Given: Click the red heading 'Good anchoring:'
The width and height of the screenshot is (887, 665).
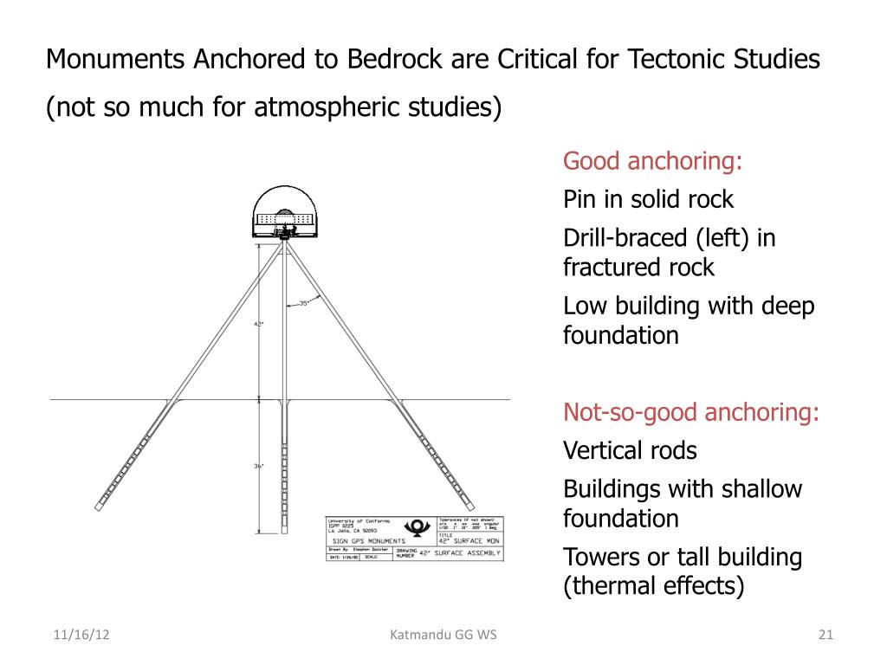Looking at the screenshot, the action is (x=654, y=162).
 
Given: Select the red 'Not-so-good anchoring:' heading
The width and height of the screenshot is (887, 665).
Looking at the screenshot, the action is (x=691, y=412).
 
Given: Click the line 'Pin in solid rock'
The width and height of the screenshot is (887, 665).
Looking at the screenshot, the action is (x=648, y=200).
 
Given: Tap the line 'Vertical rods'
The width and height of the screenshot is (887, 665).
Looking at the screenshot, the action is (x=630, y=451).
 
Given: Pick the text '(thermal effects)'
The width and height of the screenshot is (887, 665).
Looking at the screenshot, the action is (x=654, y=586).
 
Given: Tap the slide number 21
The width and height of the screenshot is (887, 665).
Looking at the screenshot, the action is (x=825, y=636).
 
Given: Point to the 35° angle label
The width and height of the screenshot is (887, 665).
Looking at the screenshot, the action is (x=304, y=303).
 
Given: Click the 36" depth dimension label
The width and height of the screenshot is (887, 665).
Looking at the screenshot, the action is (x=258, y=466).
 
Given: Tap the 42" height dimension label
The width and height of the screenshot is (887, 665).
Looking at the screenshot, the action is (x=258, y=324).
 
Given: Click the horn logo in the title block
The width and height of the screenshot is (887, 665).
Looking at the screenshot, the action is (x=417, y=528).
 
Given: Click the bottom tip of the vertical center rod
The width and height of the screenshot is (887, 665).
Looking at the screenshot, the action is (x=284, y=532).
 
